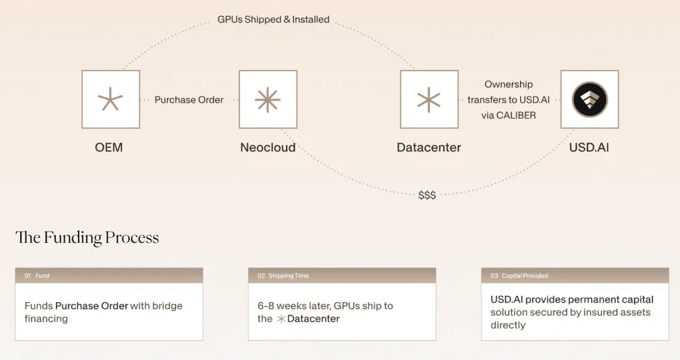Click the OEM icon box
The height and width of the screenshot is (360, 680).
coord(111,99)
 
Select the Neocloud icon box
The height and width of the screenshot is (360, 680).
coord(268,99)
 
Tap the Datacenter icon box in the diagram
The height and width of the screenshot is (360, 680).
coord(429,99)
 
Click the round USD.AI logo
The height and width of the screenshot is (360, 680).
coord(590,99)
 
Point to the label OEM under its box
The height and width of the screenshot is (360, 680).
coord(109,147)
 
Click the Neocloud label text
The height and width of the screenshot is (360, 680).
coord(268,147)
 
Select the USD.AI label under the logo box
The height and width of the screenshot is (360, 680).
coord(589,147)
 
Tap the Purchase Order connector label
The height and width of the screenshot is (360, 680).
coord(189,100)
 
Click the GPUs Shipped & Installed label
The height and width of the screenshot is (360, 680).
coord(273,20)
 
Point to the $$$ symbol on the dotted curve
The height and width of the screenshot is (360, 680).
coord(427,195)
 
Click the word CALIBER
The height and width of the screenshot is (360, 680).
coord(516,115)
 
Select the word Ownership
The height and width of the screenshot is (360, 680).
coord(509,84)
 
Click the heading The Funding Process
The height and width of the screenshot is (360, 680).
coord(87,237)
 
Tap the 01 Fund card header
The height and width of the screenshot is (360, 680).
coord(109,276)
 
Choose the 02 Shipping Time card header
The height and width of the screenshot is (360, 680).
coord(342,276)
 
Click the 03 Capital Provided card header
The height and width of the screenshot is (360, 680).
coord(575,276)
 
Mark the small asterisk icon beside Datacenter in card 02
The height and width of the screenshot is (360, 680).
coord(281,319)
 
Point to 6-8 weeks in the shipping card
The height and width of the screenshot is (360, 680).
coord(286,306)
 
